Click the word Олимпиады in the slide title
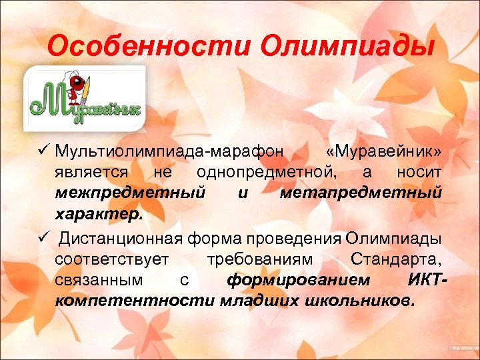click(x=347, y=47)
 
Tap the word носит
click(x=419, y=173)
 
